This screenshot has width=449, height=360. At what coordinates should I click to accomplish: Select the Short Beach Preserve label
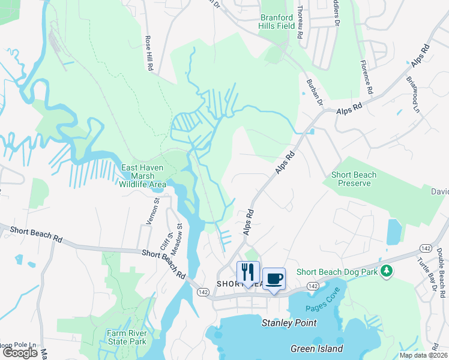point(354,179)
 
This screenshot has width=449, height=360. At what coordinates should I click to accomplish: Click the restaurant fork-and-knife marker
point(248,272)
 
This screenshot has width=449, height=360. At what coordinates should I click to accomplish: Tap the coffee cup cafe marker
point(274,279)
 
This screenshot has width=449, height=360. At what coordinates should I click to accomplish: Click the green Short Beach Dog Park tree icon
point(387,271)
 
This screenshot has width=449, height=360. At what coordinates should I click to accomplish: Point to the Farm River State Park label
point(127,337)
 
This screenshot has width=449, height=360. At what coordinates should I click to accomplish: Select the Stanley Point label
point(289,323)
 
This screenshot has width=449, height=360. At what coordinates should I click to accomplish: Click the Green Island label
point(316,349)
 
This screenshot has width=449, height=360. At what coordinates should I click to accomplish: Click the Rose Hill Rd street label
point(148,53)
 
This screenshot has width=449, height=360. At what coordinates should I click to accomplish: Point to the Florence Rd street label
point(367,76)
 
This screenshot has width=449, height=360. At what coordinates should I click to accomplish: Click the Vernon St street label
point(155,211)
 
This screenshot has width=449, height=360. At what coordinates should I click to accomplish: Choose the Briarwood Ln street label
point(412,95)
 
